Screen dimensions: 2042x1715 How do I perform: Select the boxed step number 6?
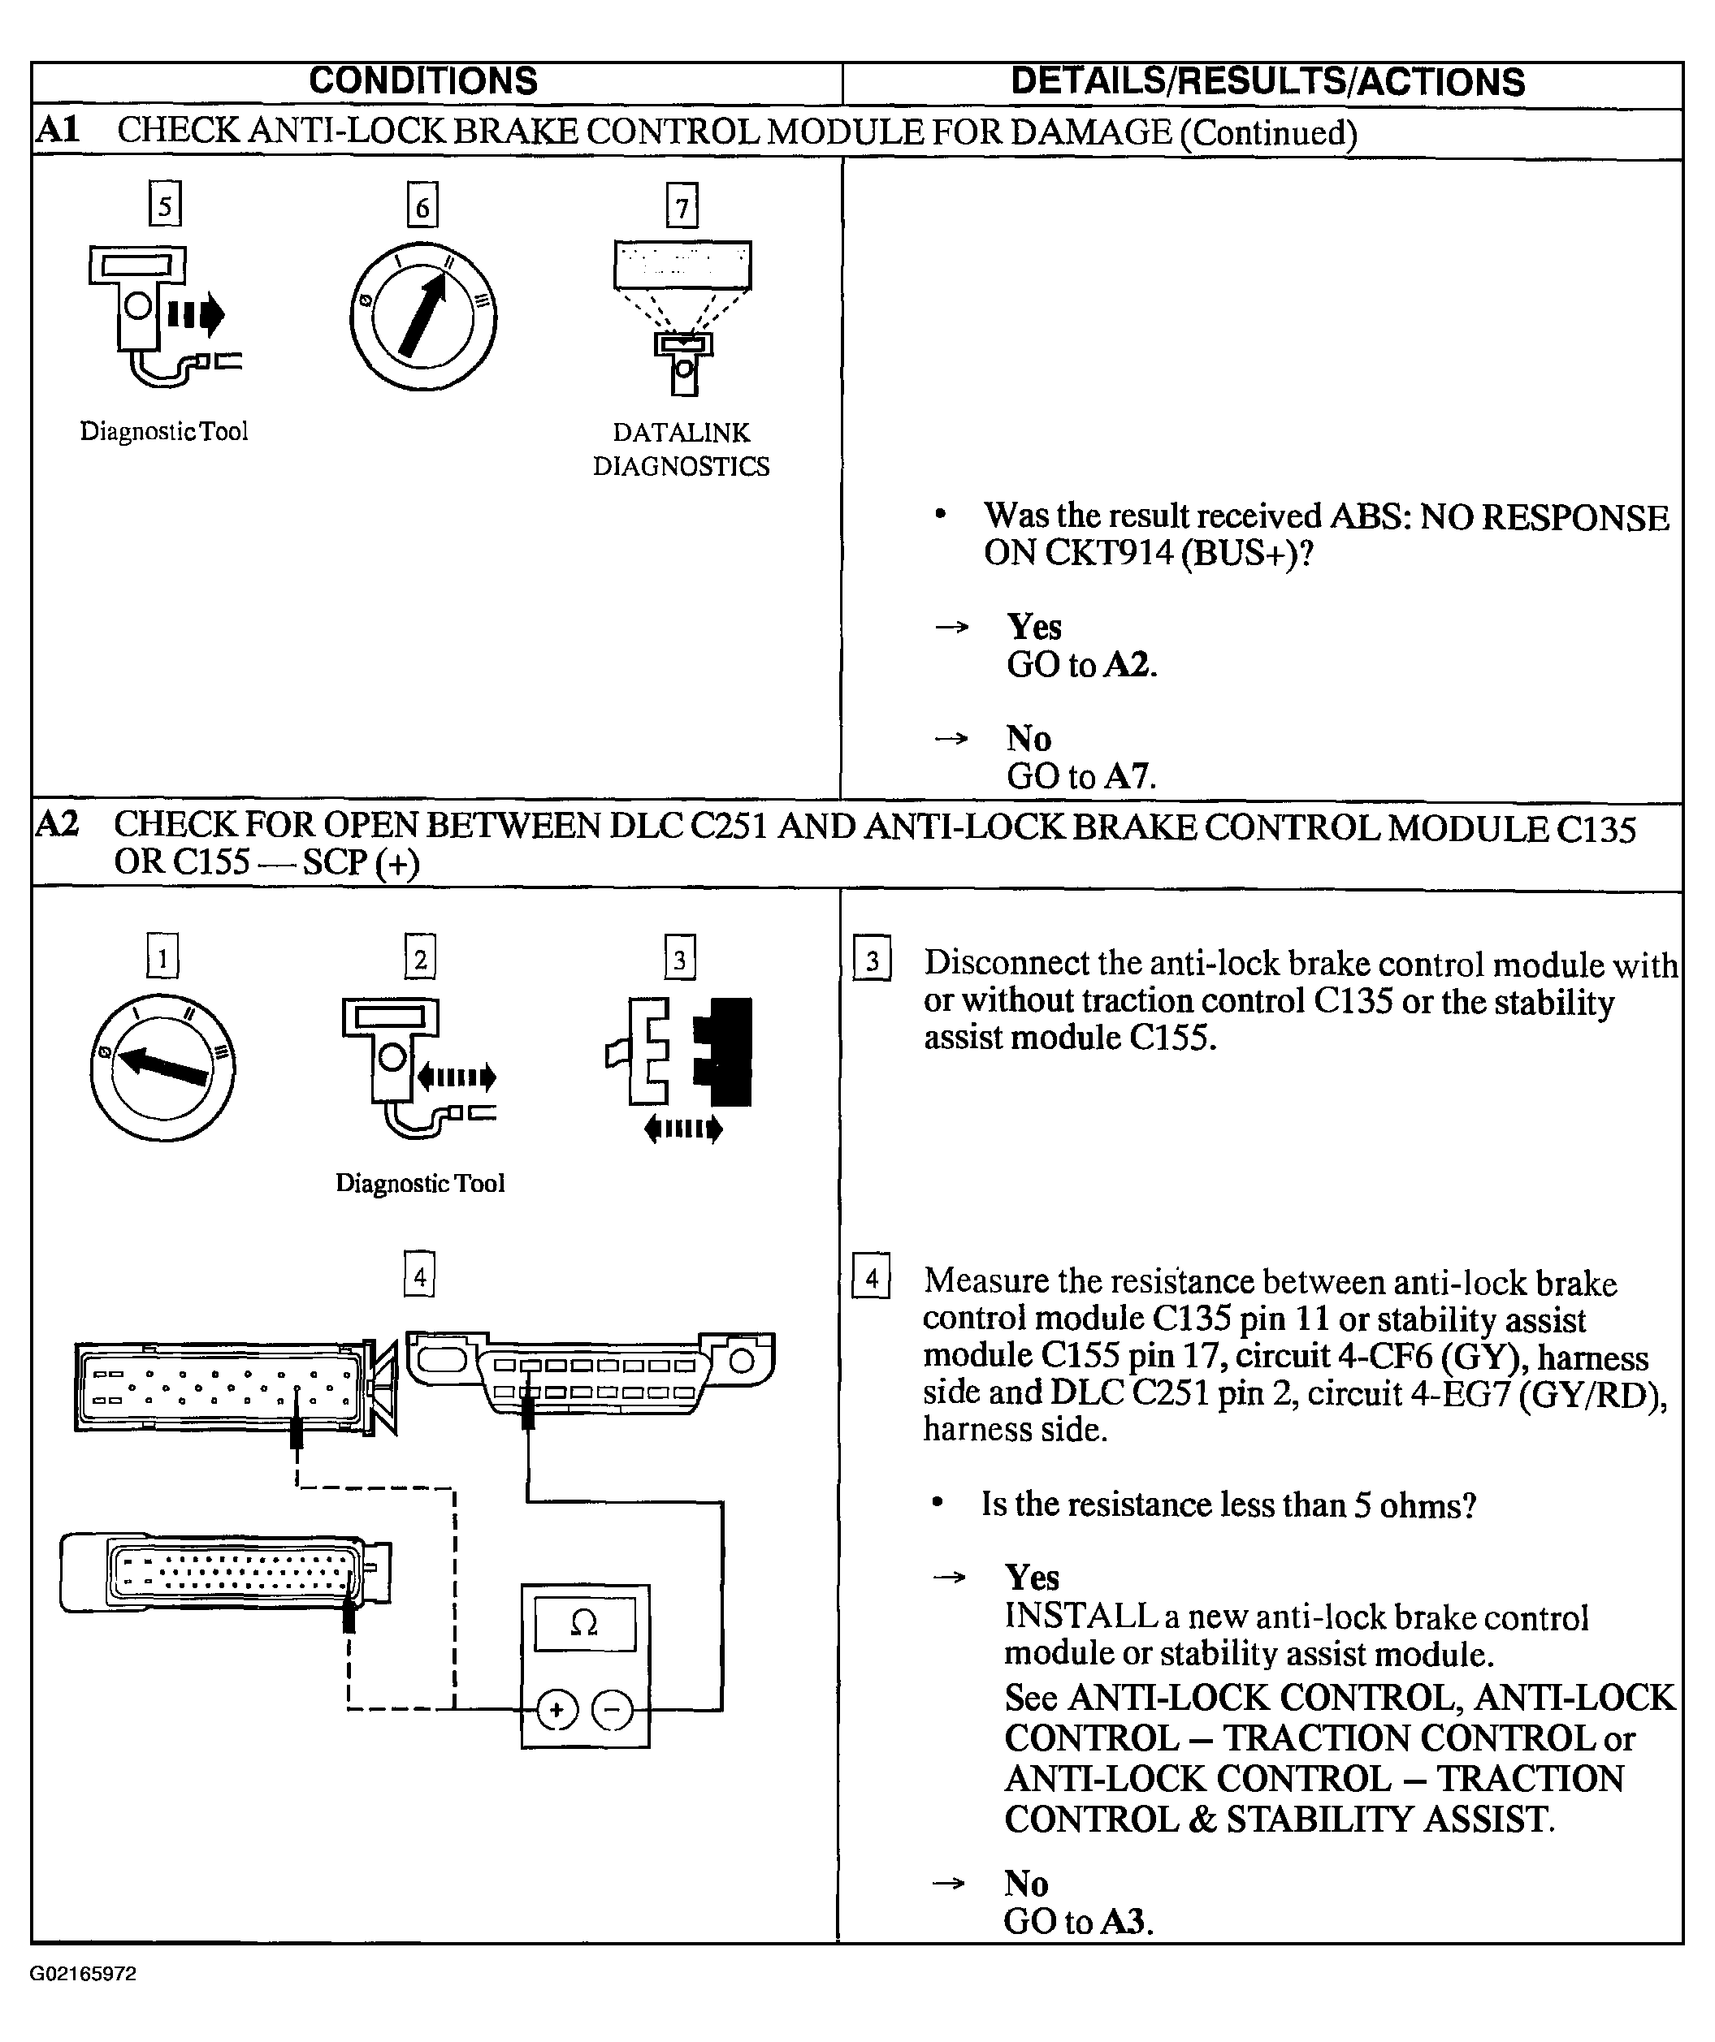point(422,207)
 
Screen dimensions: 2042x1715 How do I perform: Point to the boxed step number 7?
point(682,207)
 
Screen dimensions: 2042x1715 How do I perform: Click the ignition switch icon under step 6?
point(423,316)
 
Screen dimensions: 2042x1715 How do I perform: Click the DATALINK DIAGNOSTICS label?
point(681,449)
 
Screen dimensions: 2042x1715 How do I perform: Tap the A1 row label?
point(58,130)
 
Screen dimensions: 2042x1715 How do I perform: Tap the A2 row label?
point(58,825)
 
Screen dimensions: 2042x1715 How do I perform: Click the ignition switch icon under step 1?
point(162,1068)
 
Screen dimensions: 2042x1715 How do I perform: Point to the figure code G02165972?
point(83,1975)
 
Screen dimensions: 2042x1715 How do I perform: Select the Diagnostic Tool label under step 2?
point(420,1184)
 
